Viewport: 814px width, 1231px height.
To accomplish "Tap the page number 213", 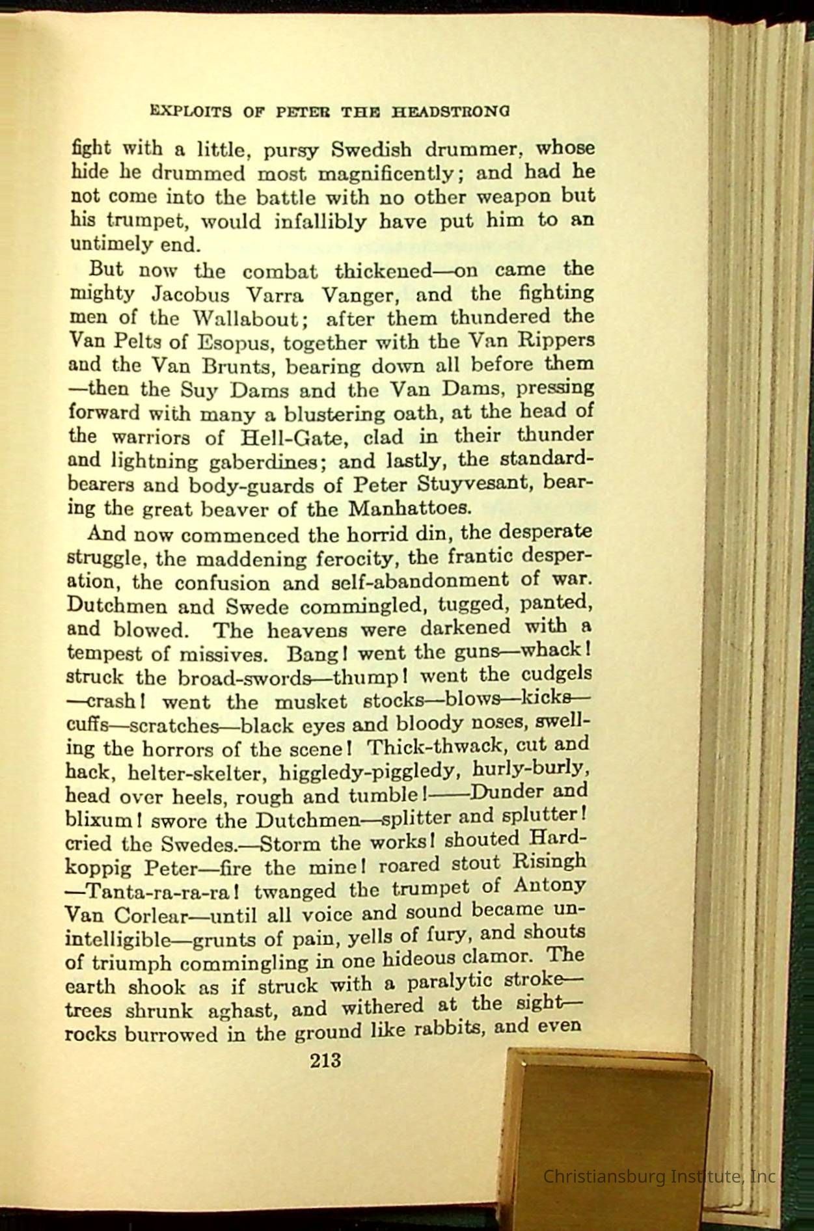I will coord(325,1061).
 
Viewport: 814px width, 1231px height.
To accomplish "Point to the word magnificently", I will coord(377,174).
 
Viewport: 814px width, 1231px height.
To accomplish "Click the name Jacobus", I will coord(190,295).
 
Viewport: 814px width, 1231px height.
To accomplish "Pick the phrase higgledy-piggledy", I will coord(370,772).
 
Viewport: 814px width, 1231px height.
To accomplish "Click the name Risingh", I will coord(549,862).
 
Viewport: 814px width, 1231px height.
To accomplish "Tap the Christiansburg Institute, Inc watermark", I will coord(659,1176).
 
